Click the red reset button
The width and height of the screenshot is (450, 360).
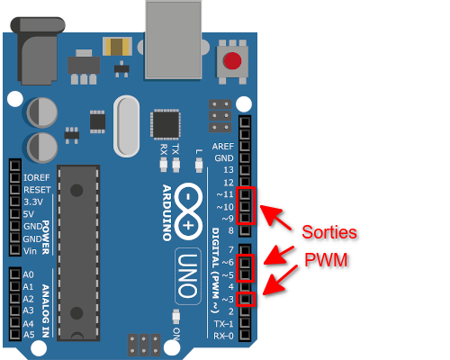point(232,60)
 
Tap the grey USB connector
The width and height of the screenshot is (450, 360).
point(174,40)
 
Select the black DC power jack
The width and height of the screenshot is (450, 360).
point(38,50)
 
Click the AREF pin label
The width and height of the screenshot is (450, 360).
point(222,147)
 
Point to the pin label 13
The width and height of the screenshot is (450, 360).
point(229,170)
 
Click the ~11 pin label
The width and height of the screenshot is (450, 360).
point(225,194)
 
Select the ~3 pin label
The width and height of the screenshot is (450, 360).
point(228,299)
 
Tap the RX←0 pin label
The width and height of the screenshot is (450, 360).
point(223,336)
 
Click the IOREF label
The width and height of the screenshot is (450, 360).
point(36,177)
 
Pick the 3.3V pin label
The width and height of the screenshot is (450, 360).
point(33,202)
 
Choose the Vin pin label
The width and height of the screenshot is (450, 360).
point(30,251)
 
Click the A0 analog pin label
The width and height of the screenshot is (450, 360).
point(28,274)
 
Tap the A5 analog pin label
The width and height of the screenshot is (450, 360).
point(29,334)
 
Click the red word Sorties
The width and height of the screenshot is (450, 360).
point(329,232)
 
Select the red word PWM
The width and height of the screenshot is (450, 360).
point(326,260)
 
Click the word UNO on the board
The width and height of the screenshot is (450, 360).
point(188,276)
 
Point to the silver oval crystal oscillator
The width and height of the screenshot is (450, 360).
point(126,126)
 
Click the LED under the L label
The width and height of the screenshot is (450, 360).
point(199,166)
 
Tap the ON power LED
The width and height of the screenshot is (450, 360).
point(175,317)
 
